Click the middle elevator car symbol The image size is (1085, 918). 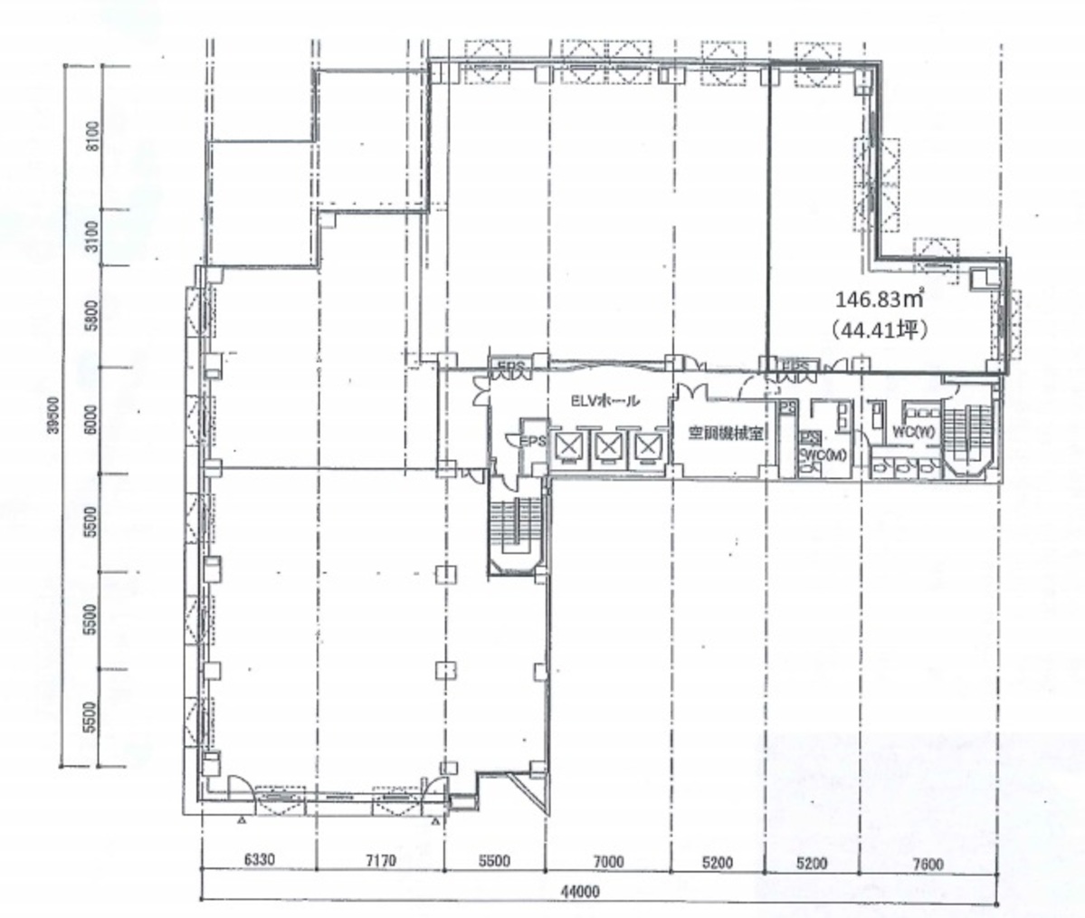click(x=608, y=445)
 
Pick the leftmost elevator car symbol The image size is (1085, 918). click(x=567, y=445)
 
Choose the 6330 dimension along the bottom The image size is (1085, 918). click(x=233, y=863)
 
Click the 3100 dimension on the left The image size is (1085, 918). click(x=91, y=237)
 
